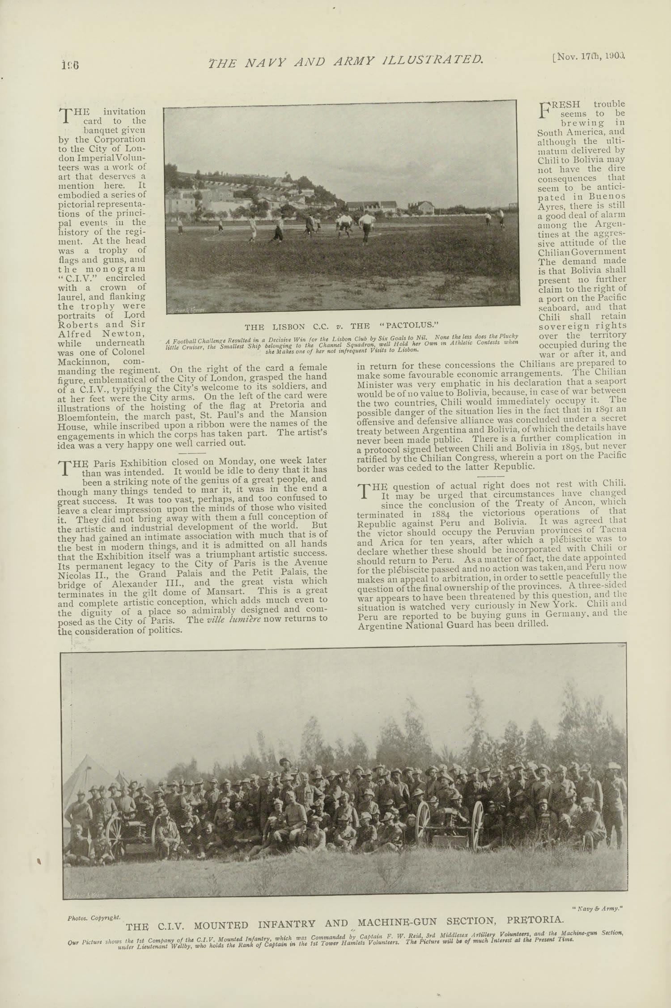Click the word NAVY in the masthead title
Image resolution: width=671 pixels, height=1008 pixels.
(x=259, y=61)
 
